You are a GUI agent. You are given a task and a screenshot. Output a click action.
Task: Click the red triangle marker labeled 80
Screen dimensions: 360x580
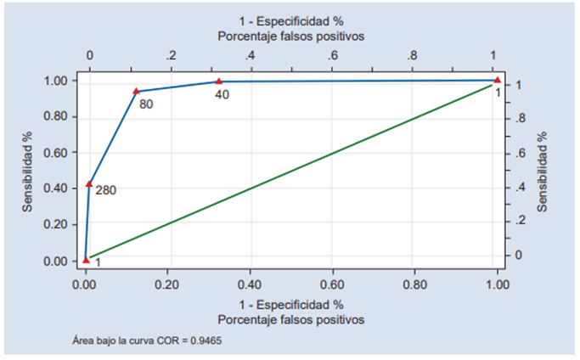[136, 91]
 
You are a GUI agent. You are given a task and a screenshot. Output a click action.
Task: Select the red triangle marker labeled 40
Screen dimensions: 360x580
[218, 82]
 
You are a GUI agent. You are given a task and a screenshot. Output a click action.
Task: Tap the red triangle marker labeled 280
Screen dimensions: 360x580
[89, 183]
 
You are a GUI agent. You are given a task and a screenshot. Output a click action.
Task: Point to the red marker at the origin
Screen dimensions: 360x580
[86, 260]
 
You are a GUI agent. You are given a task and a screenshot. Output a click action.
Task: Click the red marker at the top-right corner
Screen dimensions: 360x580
[498, 81]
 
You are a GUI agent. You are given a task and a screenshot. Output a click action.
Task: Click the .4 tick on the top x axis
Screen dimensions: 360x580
[251, 56]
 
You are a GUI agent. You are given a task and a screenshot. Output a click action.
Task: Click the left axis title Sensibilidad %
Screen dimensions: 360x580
[27, 171]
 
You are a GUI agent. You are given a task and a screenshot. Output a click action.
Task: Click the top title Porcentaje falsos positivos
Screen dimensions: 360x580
[291, 37]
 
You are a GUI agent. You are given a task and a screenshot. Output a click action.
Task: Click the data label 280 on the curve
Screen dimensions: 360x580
[105, 190]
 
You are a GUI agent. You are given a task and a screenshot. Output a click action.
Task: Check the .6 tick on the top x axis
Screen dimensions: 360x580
[332, 56]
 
